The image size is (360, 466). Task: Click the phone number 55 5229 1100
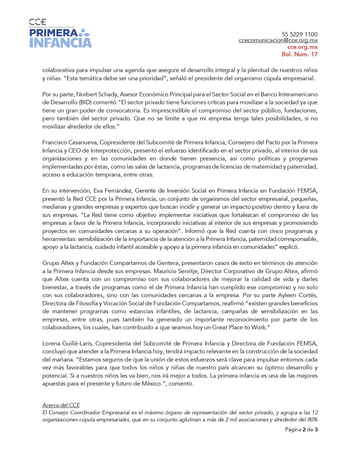(299, 34)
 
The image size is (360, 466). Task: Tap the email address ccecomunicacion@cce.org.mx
(278, 41)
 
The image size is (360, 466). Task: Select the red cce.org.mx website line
(299, 47)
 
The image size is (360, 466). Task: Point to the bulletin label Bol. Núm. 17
(299, 54)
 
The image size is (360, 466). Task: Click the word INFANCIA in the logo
(61, 42)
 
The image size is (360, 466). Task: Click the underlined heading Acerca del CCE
(61, 405)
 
